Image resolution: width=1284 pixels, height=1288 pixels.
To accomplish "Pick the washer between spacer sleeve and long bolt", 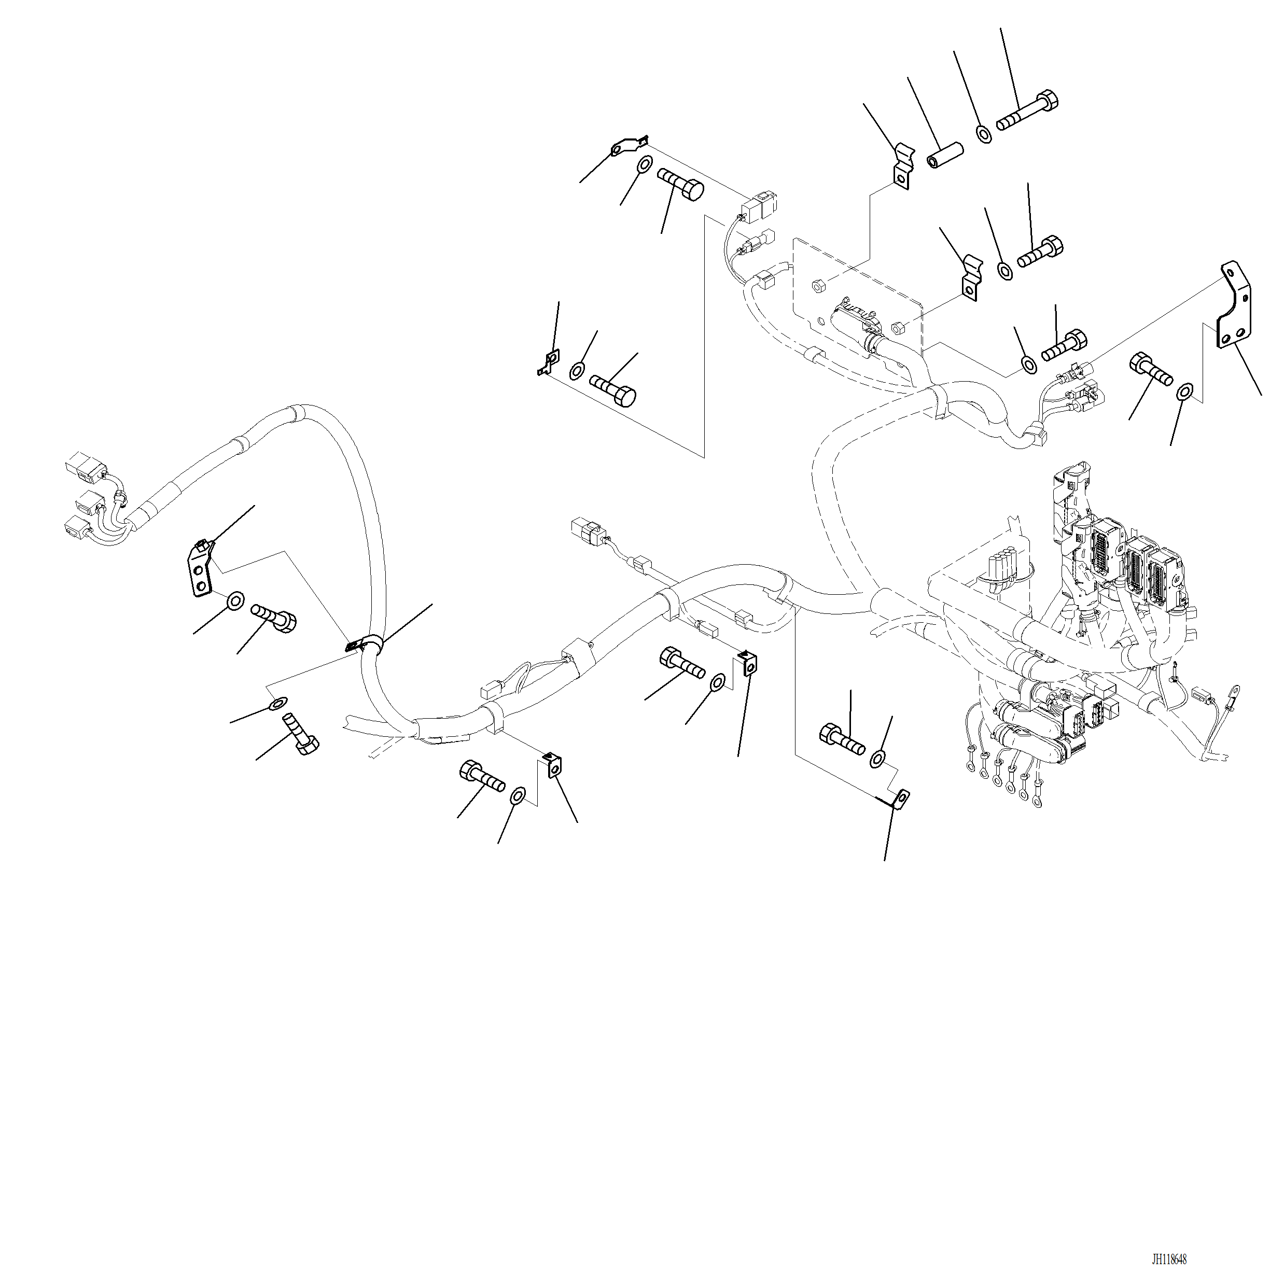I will click(984, 133).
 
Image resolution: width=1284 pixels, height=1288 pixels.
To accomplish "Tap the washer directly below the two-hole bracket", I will click(235, 600).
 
